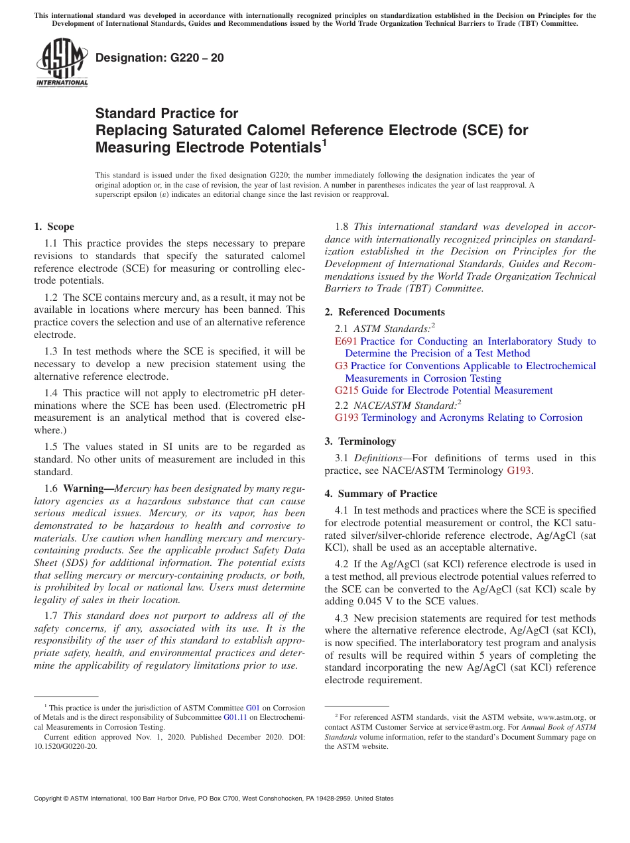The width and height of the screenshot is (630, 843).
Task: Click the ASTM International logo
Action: point(62,62)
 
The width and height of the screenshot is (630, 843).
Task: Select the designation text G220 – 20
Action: point(160,58)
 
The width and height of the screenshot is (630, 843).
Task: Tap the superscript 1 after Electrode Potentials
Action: point(324,142)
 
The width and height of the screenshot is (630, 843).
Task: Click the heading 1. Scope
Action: point(54,227)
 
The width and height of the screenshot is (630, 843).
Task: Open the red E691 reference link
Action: point(346,341)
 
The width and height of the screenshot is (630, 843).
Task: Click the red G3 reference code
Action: point(341,366)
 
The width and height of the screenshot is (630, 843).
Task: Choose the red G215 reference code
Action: point(346,390)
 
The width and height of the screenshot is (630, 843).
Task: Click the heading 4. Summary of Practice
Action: point(381,494)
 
